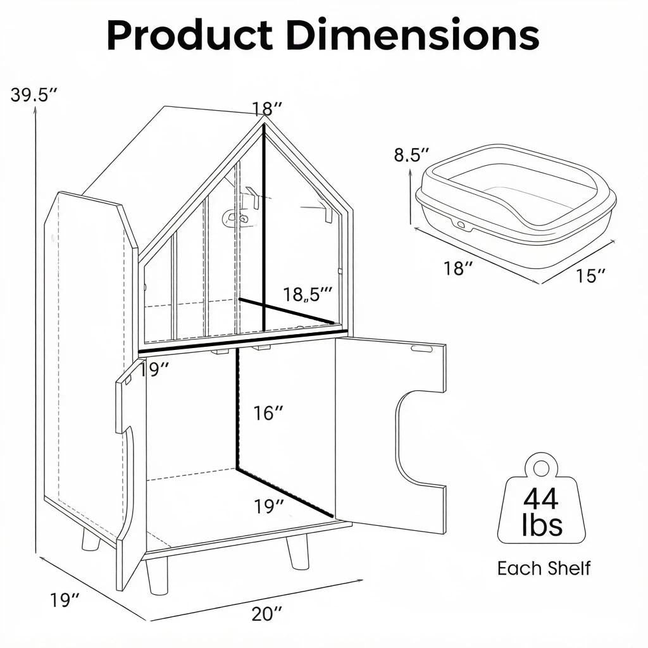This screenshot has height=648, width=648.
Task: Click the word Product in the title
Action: [190, 36]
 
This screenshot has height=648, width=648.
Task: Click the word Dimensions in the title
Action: [413, 35]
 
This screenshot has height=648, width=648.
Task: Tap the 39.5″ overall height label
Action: [33, 95]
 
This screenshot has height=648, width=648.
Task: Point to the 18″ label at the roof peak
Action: [268, 109]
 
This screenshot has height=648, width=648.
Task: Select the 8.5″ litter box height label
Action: [411, 155]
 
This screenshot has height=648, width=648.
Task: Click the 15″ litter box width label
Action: [591, 276]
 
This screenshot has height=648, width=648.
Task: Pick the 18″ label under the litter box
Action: [458, 268]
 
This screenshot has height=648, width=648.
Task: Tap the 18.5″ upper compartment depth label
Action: [308, 294]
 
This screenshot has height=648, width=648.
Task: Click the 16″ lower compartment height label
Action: [268, 413]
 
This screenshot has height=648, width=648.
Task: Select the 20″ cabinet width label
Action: [268, 614]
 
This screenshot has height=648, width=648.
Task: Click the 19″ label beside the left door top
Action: [154, 370]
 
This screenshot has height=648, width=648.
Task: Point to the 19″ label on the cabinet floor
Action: [269, 506]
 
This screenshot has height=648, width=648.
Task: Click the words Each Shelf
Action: [544, 568]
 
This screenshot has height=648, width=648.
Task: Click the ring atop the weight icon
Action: [541, 468]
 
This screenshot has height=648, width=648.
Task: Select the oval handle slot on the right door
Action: [421, 349]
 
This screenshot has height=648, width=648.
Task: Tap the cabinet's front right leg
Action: [297, 552]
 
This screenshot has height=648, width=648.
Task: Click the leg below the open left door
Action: [157, 577]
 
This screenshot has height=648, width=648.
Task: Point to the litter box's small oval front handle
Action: [461, 223]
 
